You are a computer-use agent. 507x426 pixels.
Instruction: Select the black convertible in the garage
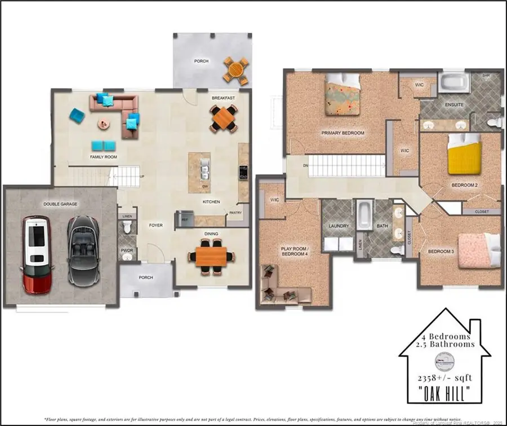click(x=83, y=251)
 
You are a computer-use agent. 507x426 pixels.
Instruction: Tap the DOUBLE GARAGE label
click(x=60, y=204)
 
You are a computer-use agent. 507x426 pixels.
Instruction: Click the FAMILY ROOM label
click(x=104, y=157)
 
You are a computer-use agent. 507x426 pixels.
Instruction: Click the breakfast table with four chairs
click(x=224, y=118)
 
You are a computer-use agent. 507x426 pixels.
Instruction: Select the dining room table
click(x=211, y=254)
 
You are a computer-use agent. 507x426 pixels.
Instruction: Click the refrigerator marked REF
click(x=183, y=218)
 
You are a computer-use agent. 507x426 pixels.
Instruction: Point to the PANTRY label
click(x=235, y=213)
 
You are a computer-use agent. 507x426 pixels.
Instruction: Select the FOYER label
click(x=155, y=225)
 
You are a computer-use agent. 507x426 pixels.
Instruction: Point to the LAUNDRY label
click(x=339, y=226)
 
